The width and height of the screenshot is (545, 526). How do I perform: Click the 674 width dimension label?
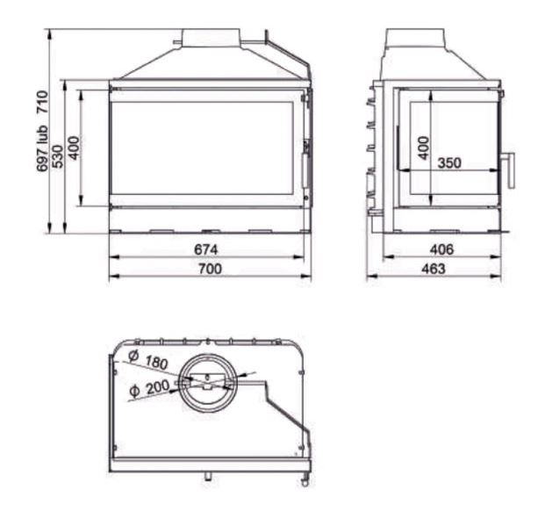click(x=205, y=249)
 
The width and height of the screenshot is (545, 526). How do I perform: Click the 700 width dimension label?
click(x=210, y=269)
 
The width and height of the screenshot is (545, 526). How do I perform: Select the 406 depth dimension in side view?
click(x=441, y=249)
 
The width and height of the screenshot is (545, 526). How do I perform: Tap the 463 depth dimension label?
click(x=433, y=269)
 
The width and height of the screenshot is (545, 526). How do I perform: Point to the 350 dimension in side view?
click(x=449, y=162)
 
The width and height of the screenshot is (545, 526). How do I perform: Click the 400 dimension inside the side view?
click(x=423, y=148)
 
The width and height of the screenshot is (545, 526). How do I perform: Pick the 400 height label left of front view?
click(x=74, y=148)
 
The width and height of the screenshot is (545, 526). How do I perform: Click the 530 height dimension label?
click(x=58, y=156)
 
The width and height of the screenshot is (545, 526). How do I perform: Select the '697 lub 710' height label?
click(x=42, y=131)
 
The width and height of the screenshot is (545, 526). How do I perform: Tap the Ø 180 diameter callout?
click(x=148, y=360)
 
